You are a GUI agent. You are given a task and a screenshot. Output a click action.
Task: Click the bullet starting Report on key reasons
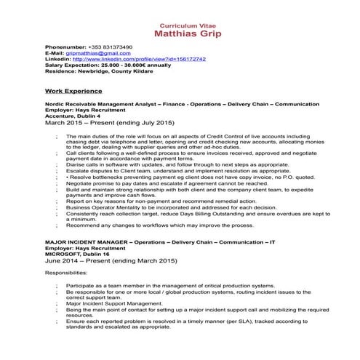[175, 201]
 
